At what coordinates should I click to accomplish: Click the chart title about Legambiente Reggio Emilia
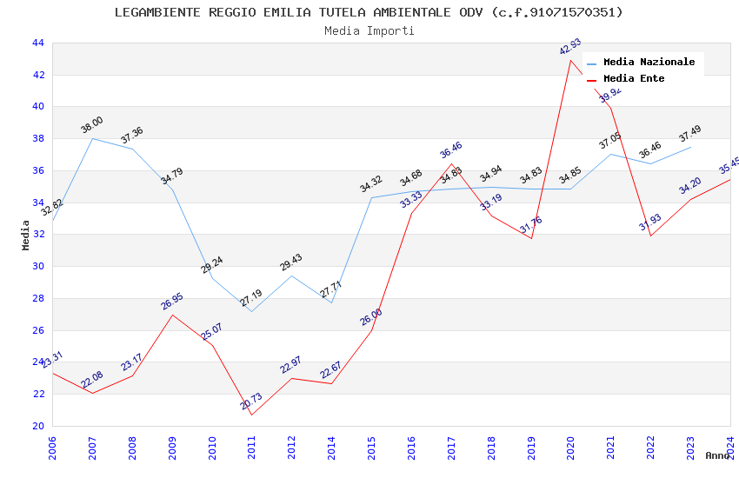click(x=369, y=12)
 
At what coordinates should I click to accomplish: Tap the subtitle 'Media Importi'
click(x=369, y=30)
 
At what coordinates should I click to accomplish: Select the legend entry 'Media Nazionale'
click(x=649, y=62)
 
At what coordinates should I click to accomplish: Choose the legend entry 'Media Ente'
click(x=634, y=78)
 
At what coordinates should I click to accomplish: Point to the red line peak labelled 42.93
click(x=570, y=59)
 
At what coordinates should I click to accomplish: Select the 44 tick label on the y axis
click(x=37, y=43)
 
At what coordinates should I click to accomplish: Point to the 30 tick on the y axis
click(x=37, y=267)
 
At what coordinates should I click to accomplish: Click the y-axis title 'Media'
click(x=26, y=235)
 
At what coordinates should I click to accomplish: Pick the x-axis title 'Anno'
click(x=717, y=455)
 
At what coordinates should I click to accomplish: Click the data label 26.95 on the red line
click(x=172, y=302)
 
